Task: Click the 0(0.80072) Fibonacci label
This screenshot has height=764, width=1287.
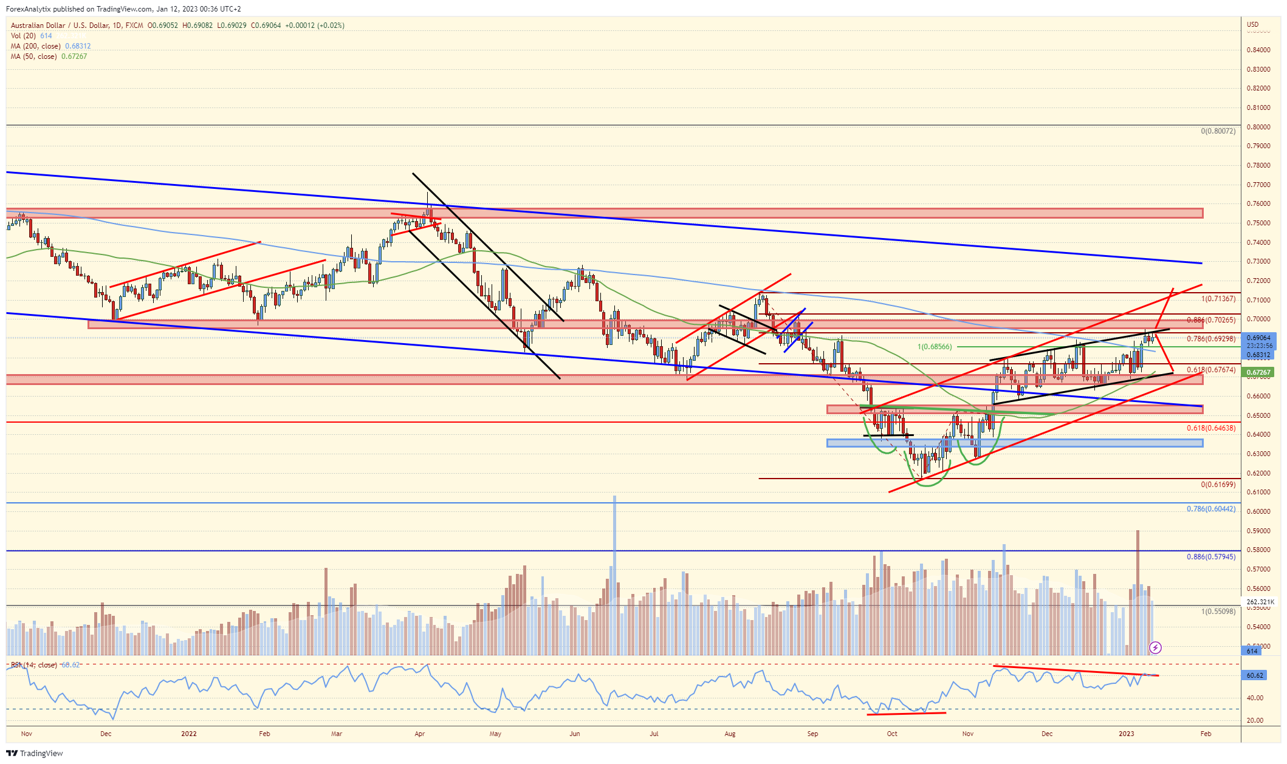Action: pos(1218,131)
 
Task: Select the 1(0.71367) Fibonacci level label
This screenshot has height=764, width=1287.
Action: pos(1218,299)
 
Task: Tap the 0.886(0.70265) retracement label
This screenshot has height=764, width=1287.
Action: pos(1210,320)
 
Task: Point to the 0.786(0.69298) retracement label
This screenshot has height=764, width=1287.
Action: pos(1210,339)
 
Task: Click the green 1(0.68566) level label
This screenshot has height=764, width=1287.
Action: pos(935,347)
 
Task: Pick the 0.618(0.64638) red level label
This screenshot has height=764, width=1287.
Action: pos(1210,428)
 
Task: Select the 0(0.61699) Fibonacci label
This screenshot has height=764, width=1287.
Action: pos(1218,485)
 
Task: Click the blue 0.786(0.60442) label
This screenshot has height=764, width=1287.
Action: pos(1210,509)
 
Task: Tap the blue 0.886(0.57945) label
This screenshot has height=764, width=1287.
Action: pos(1210,556)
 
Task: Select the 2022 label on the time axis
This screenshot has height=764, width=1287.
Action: pos(189,734)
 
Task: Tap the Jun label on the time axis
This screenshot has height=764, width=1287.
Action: pos(574,734)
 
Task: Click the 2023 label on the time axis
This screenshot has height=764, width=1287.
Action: pos(1126,734)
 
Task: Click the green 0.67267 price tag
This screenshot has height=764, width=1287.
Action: pos(1258,372)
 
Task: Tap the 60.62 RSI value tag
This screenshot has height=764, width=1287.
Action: pos(1254,675)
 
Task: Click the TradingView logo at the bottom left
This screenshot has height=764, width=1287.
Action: pos(35,754)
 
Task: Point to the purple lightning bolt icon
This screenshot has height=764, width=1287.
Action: pos(1155,647)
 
